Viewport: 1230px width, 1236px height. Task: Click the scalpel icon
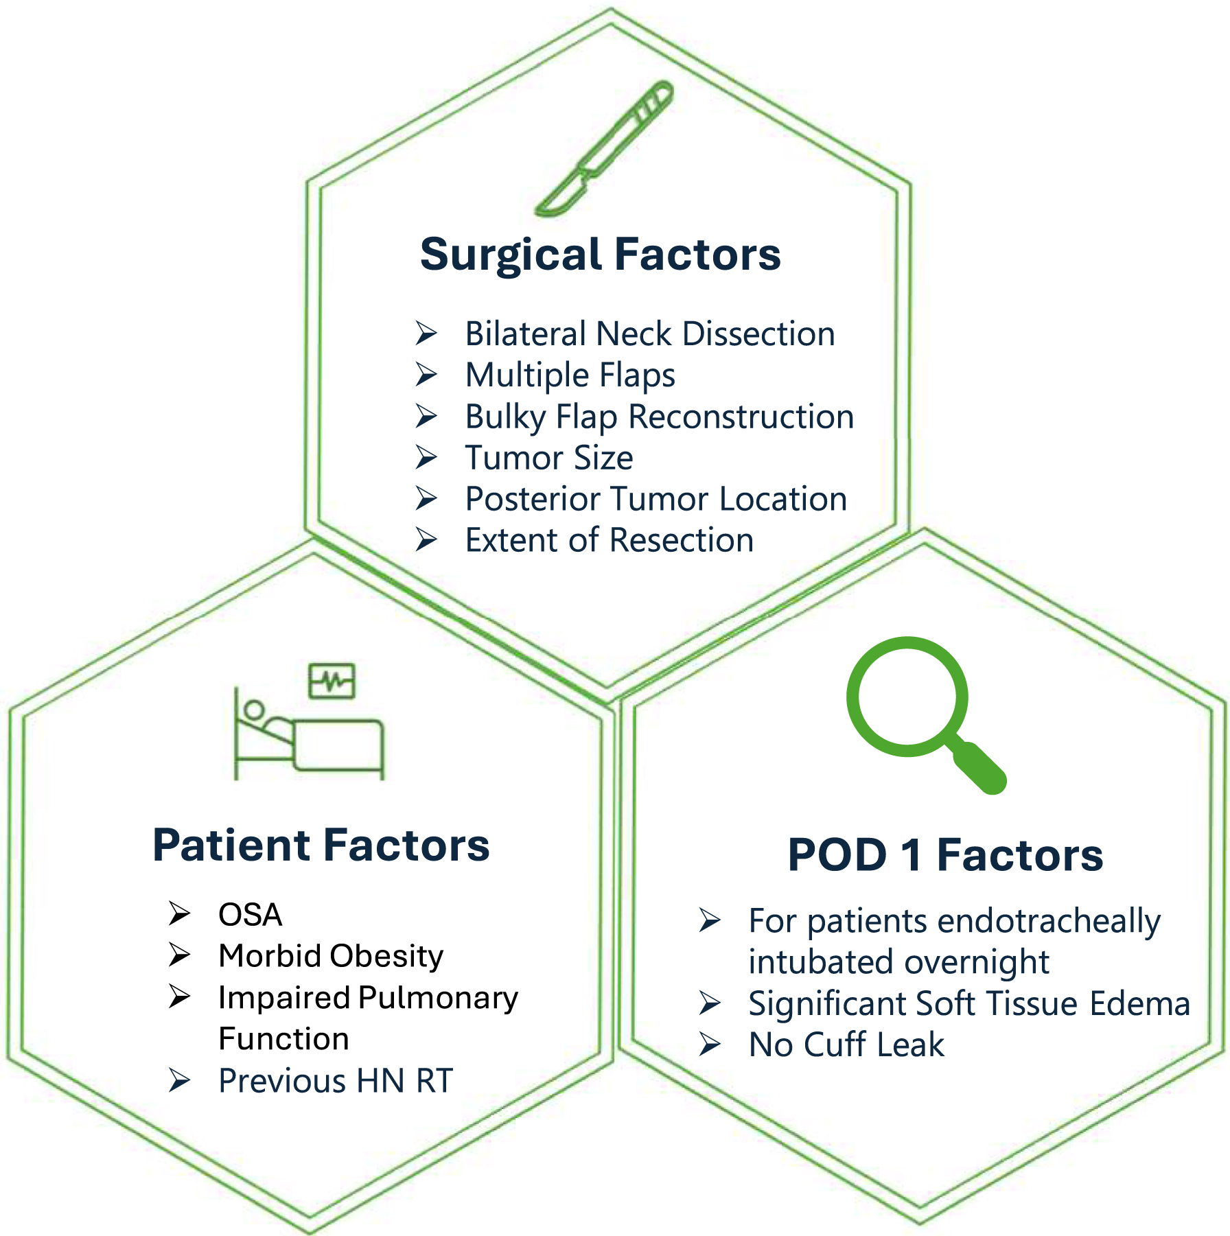pos(604,149)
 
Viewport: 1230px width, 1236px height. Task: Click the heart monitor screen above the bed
pos(332,681)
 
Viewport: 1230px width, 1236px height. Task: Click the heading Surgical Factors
pos(601,255)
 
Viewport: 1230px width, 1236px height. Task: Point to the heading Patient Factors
pos(321,845)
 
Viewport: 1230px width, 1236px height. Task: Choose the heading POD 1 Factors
pos(945,855)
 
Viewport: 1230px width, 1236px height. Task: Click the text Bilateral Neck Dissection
pos(650,334)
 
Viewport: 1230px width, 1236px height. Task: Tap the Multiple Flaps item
pos(570,375)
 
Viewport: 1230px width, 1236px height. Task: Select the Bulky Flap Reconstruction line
pos(659,417)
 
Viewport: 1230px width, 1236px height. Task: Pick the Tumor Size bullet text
pos(548,458)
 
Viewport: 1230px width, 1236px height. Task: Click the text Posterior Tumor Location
pos(655,499)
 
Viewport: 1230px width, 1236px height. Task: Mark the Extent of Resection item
pos(609,540)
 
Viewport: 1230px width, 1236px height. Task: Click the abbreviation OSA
pos(250,915)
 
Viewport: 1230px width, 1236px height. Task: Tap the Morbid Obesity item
pos(331,956)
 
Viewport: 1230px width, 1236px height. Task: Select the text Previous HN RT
pos(336,1081)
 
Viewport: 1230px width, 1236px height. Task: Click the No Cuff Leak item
pos(846,1045)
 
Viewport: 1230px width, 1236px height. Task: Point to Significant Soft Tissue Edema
pos(968,1003)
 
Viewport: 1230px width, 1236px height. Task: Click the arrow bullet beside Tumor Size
pos(426,458)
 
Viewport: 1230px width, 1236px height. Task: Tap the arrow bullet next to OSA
pos(179,914)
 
